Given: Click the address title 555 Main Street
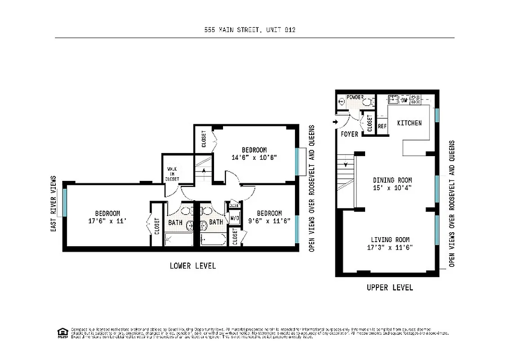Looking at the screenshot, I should pos(250,30).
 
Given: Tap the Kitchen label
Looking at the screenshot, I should pos(409,123).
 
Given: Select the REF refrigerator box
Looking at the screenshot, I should pos(382,127).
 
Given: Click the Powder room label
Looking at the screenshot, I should pos(355,97).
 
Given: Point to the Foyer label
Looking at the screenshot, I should pos(349,134).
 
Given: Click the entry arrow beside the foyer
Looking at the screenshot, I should pos(335,121).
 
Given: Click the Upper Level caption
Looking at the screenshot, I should pos(389,288).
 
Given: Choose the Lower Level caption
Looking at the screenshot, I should pos(192,266).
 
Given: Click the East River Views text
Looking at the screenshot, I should pos(53,204).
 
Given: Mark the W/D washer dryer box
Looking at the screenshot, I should pos(235,219).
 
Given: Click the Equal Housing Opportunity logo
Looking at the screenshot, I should pos(62,333).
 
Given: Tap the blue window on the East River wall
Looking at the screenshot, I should pos(65,203).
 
